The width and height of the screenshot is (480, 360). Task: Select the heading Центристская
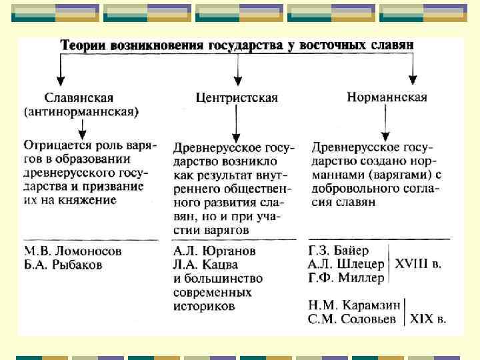(x=237, y=97)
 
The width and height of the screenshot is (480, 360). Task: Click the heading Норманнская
(x=387, y=97)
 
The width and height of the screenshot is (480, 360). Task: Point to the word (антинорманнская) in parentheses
(x=81, y=111)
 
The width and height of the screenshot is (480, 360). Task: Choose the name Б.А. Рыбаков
(x=63, y=265)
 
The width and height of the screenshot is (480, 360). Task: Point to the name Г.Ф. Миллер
(x=346, y=277)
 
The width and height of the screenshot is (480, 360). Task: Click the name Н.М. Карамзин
(x=354, y=305)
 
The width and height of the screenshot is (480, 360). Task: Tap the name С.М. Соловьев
(x=353, y=319)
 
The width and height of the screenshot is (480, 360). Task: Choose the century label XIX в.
(x=427, y=319)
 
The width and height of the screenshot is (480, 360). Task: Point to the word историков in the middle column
(x=203, y=307)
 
